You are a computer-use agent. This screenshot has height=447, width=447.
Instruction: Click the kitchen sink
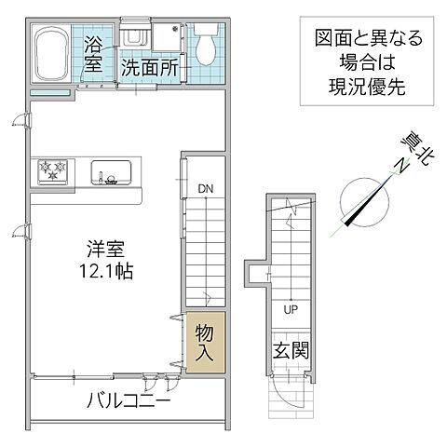coord(111,171)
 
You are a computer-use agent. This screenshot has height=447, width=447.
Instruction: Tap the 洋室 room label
coord(102,251)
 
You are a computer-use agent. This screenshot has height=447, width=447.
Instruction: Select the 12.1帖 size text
coord(102,272)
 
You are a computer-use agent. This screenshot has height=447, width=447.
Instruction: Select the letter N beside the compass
coord(399,165)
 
